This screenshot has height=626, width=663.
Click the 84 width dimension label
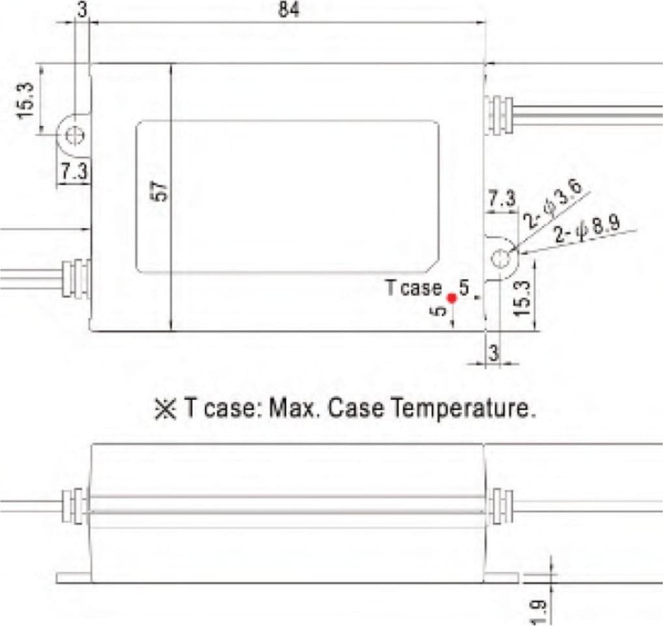pyautogui.click(x=289, y=10)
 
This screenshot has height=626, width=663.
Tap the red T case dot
pyautogui.click(x=452, y=298)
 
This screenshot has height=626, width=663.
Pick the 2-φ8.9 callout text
pyautogui.click(x=587, y=229)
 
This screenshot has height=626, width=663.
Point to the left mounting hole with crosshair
pyautogui.click(x=76, y=135)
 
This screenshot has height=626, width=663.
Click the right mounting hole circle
pyautogui.click(x=501, y=259)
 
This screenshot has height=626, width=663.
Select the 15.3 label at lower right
pyautogui.click(x=522, y=298)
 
